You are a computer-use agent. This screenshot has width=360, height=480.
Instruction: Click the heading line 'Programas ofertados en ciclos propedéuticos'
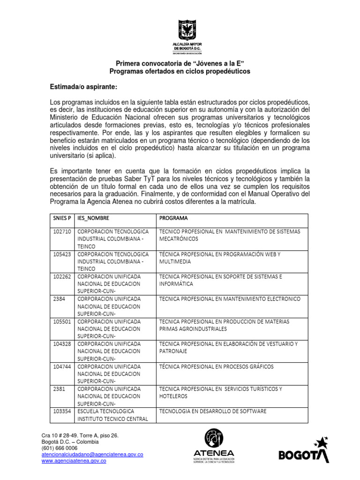coord(180,71)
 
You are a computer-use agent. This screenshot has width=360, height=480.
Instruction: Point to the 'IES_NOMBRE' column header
coord(96,218)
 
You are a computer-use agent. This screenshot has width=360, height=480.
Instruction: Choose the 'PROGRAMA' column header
coord(174,218)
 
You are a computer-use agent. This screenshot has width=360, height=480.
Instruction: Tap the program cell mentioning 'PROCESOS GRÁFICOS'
coord(217,366)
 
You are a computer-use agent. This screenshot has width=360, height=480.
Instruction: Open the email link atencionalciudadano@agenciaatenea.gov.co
coord(92,455)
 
